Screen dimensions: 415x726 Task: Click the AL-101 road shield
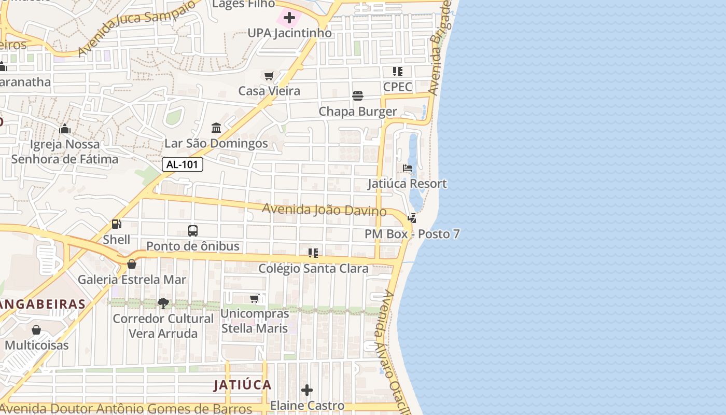(x=183, y=165)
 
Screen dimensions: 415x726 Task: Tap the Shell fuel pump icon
(x=117, y=224)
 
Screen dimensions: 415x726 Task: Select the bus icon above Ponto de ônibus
(x=193, y=231)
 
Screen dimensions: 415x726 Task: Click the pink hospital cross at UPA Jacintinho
(x=289, y=18)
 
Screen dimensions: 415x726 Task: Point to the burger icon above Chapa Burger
(x=358, y=96)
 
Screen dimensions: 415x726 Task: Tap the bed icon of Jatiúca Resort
(x=408, y=169)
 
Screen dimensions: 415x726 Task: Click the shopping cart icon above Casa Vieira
(x=269, y=76)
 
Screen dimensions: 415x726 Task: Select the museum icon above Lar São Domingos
(x=216, y=128)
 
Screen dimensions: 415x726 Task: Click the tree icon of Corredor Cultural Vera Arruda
(x=163, y=303)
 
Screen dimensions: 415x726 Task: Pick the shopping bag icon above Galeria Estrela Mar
(x=132, y=264)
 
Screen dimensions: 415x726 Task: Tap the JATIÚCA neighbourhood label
(x=243, y=385)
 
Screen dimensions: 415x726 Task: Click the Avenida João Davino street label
(x=324, y=210)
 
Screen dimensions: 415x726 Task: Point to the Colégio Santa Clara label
(x=314, y=269)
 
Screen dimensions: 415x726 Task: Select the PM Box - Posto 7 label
(x=412, y=234)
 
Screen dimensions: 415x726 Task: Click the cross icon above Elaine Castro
(x=307, y=390)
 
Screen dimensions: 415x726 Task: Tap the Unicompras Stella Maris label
(x=255, y=321)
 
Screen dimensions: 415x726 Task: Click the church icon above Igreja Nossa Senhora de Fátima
(x=65, y=129)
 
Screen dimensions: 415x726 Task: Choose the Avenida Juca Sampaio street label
(x=137, y=27)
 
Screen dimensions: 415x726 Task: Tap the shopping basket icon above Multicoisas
(x=36, y=330)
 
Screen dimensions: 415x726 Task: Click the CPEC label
(x=398, y=87)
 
